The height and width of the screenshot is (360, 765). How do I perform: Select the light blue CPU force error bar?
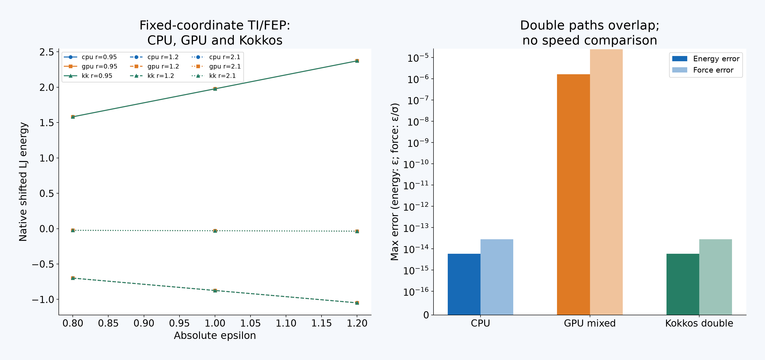click(x=497, y=277)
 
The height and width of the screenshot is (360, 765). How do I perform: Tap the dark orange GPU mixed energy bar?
click(x=573, y=194)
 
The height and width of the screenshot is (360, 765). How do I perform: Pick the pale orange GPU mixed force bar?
click(x=606, y=182)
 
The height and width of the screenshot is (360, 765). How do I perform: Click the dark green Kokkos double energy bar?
click(x=683, y=284)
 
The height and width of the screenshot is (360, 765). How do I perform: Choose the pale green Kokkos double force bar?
click(x=715, y=277)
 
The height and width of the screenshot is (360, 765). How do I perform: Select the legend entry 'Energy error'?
click(x=705, y=59)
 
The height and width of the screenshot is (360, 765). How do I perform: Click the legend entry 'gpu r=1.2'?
click(x=154, y=66)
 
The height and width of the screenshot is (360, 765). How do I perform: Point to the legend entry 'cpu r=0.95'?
click(x=90, y=57)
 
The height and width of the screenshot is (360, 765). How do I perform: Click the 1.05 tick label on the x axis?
click(x=250, y=323)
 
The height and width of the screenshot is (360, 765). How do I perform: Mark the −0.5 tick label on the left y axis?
click(x=43, y=264)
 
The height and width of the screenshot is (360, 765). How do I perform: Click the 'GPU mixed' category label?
click(x=590, y=323)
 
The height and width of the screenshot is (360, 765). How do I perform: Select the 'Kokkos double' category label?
click(x=699, y=323)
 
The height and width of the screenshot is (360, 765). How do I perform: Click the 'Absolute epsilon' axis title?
click(x=215, y=335)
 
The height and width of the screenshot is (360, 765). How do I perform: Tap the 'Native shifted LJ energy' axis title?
click(x=23, y=182)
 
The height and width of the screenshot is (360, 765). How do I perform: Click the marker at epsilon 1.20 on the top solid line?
click(x=357, y=61)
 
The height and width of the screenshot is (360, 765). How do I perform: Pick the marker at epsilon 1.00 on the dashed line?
click(x=215, y=290)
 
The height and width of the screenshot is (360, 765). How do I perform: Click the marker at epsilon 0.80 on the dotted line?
click(x=73, y=230)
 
